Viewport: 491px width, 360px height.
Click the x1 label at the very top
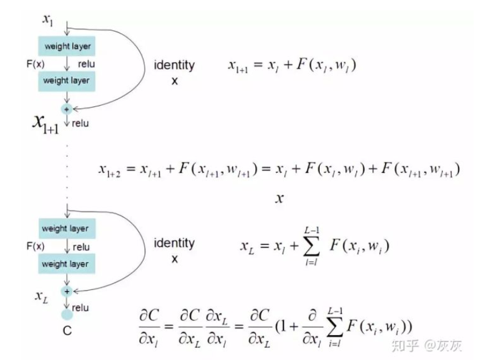pyautogui.click(x=47, y=19)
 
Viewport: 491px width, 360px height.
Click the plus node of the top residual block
pyautogui.click(x=67, y=108)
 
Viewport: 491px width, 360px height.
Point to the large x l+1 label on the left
pyautogui.click(x=46, y=123)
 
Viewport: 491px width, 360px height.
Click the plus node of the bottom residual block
pyautogui.click(x=67, y=292)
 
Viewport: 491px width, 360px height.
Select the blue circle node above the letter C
pyautogui.click(x=67, y=316)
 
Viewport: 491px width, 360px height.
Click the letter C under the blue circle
pyautogui.click(x=67, y=333)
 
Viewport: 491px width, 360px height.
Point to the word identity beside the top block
pyautogui.click(x=174, y=65)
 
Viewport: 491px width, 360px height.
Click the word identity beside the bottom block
pyautogui.click(x=174, y=243)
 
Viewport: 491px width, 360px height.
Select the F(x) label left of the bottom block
pyautogui.click(x=35, y=246)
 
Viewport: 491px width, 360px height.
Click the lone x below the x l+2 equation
pyautogui.click(x=279, y=199)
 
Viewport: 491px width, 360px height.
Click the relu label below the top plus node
pyautogui.click(x=80, y=123)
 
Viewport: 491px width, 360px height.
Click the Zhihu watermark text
pyautogui.click(x=426, y=346)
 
